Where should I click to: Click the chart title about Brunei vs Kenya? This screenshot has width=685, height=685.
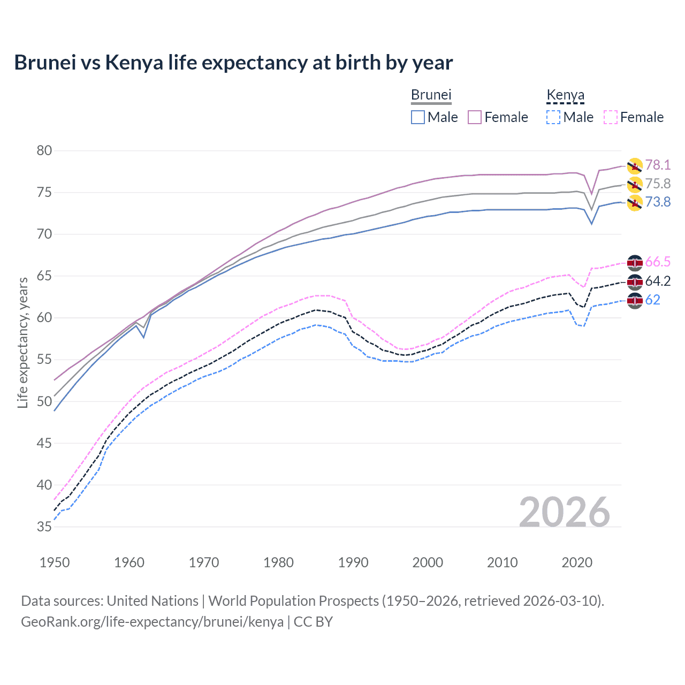pyautogui.click(x=233, y=63)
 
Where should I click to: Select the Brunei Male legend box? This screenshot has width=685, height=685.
pyautogui.click(x=418, y=117)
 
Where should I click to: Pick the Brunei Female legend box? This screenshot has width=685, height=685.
pyautogui.click(x=475, y=117)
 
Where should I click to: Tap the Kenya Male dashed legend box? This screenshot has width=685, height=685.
pyautogui.click(x=553, y=117)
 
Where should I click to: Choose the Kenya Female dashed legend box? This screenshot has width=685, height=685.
pyautogui.click(x=610, y=117)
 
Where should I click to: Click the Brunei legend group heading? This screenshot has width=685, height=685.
pyautogui.click(x=431, y=95)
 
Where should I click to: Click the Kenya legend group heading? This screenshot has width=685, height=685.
pyautogui.click(x=565, y=95)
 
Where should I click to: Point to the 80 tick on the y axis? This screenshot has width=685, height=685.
pyautogui.click(x=44, y=150)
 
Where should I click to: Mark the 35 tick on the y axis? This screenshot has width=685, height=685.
pyautogui.click(x=44, y=527)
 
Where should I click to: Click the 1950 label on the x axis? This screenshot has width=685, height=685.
pyautogui.click(x=55, y=562)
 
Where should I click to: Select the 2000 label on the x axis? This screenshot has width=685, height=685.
pyautogui.click(x=428, y=562)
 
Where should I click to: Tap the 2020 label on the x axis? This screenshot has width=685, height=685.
pyautogui.click(x=577, y=562)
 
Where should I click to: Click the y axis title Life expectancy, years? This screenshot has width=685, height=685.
pyautogui.click(x=22, y=342)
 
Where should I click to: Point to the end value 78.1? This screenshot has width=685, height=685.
pyautogui.click(x=658, y=165)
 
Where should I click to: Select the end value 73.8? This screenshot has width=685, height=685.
pyautogui.click(x=658, y=202)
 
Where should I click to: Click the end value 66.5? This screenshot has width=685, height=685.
pyautogui.click(x=658, y=262)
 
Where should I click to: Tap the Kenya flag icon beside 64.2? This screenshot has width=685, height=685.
pyautogui.click(x=635, y=281)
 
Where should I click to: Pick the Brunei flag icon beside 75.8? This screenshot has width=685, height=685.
pyautogui.click(x=635, y=185)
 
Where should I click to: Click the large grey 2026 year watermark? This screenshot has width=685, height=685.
pyautogui.click(x=565, y=512)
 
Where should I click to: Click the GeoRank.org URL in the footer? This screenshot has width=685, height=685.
pyautogui.click(x=152, y=622)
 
